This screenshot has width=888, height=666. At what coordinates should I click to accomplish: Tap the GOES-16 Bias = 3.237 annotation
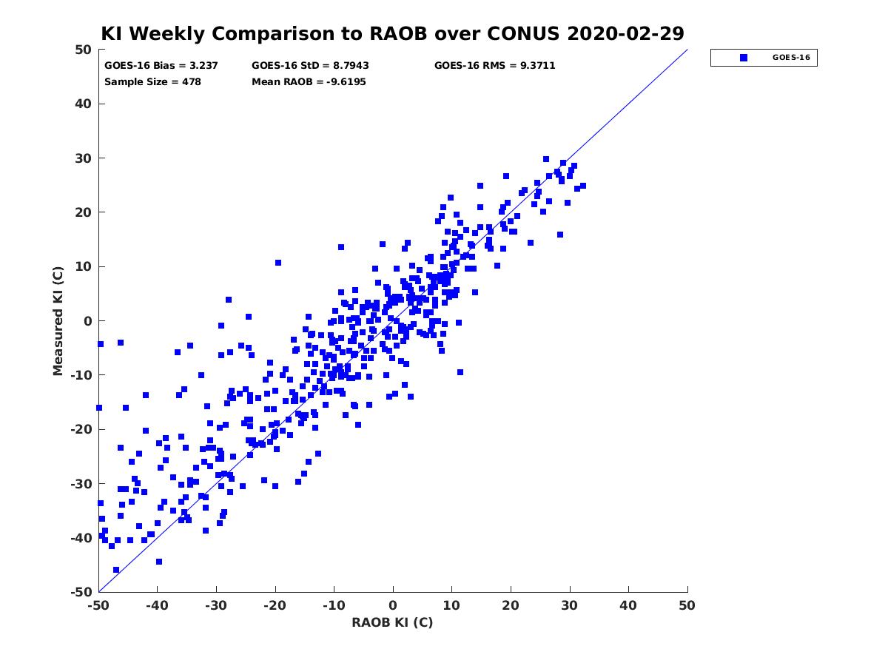coord(161,66)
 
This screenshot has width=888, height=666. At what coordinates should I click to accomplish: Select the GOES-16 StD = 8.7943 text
coord(310,66)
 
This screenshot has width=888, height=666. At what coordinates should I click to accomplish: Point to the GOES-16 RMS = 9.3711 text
coord(494,66)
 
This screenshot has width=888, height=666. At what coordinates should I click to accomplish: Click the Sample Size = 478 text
coord(152,82)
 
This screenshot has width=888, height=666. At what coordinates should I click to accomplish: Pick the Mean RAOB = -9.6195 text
coord(309,82)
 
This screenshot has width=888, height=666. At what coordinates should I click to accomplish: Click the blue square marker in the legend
coord(743,58)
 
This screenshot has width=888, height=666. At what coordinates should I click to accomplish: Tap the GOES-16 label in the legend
coord(791,58)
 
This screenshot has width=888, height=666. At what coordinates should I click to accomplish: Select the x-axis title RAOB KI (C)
coord(392,622)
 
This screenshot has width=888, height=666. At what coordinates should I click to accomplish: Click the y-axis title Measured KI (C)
coord(58,321)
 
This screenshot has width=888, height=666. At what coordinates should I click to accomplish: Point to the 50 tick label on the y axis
coord(84,50)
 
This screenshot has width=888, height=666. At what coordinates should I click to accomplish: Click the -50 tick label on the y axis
coord(81,592)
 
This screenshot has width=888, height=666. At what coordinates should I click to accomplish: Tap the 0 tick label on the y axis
coord(88,321)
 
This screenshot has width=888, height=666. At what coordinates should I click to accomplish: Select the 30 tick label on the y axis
coord(84,158)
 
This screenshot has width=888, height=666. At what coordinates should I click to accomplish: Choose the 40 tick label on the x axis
coord(628,605)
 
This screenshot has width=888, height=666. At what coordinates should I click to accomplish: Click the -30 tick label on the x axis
coord(216,605)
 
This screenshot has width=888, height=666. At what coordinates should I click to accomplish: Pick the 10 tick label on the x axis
coord(451,605)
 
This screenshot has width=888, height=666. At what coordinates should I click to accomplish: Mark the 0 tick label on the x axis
coord(393,605)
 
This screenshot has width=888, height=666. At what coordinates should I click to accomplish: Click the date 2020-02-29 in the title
coord(625,34)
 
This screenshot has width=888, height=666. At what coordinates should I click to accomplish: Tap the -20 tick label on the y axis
coord(81,429)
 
